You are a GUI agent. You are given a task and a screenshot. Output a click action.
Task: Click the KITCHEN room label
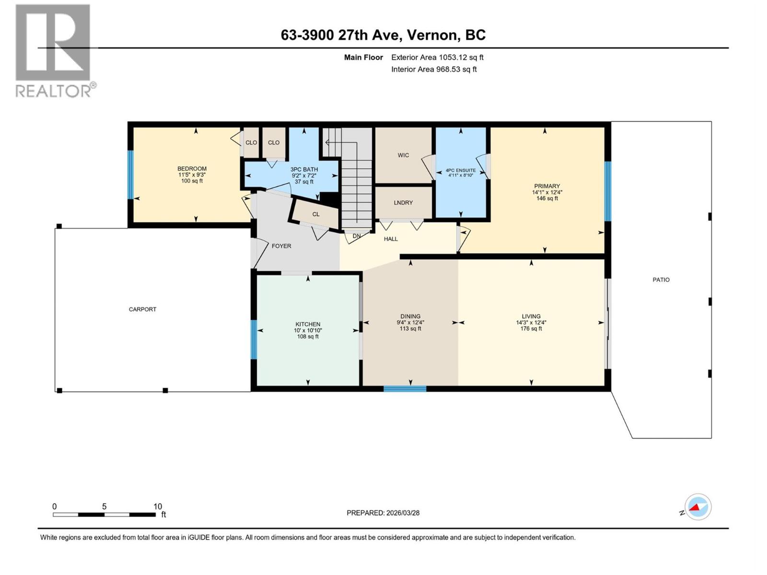click(308, 324)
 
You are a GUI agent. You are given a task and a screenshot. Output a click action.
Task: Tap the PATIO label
click(661, 280)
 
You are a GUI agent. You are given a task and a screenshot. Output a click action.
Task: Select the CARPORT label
click(142, 310)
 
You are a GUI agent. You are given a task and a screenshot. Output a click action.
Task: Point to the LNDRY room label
click(403, 203)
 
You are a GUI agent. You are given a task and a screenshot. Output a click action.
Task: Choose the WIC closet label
click(403, 155)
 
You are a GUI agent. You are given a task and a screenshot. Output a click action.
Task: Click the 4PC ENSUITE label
click(460, 170)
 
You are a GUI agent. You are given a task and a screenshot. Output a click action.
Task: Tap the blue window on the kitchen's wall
click(254, 339)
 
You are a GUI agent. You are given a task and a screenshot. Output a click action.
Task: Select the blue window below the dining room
click(405, 389)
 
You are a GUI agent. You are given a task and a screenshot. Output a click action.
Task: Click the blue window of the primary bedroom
click(607, 191)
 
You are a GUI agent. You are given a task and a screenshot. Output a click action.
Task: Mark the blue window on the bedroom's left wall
click(130, 174)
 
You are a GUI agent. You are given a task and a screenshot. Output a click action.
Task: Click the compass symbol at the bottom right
click(697, 507)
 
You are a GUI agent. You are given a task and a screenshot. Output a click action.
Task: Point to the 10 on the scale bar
click(158, 506)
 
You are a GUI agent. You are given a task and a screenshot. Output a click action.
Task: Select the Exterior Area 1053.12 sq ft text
click(437, 57)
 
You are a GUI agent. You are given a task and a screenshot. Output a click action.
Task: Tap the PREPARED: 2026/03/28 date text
click(383, 513)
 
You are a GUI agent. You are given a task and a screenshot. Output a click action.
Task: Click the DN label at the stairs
click(357, 236)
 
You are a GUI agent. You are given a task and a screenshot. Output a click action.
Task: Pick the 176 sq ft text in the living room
click(531, 329)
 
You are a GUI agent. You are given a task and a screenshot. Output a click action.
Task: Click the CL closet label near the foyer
click(315, 214)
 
